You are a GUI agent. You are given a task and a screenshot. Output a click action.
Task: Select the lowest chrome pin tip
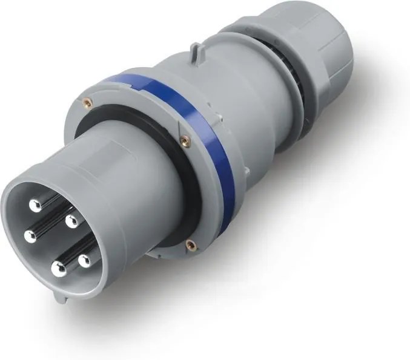click(58, 269)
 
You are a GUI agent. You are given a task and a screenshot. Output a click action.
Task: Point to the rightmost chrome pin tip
click(84, 260)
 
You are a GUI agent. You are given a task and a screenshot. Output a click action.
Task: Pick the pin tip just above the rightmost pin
click(71, 220)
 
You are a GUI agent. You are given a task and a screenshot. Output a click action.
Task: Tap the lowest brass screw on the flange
click(191, 244)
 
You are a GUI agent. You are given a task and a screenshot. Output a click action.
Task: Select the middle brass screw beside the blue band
click(183, 140)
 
